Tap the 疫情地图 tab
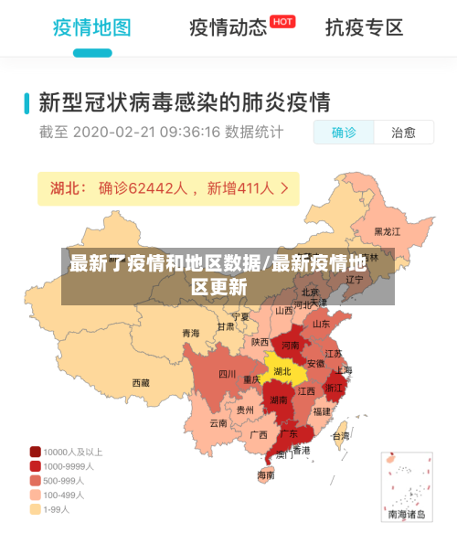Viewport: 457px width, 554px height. tap(91, 27)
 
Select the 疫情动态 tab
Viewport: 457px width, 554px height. tap(228, 27)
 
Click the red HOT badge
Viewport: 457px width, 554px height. tap(282, 21)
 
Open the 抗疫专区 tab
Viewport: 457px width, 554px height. tap(364, 27)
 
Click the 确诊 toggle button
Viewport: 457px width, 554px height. tap(345, 133)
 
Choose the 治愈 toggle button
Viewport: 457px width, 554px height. tap(403, 133)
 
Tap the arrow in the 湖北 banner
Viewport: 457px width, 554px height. tap(285, 188)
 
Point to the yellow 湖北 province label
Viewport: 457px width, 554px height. tap(282, 371)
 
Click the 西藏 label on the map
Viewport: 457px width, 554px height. tap(141, 383)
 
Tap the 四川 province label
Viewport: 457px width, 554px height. tap(227, 374)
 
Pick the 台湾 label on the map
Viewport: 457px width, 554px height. tap(340, 436)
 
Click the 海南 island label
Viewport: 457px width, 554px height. tap(266, 474)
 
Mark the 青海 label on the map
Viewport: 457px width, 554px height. tap(190, 333)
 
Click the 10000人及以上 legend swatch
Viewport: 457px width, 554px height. tap(36, 452)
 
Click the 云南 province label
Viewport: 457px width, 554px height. tap(218, 423)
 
